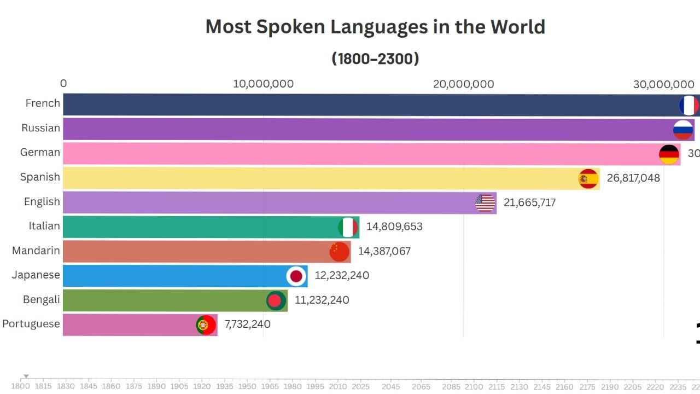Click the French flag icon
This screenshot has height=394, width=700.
(689, 106)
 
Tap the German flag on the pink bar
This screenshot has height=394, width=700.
(669, 154)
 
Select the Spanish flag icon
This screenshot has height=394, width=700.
(588, 178)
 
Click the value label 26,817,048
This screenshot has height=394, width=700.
(633, 178)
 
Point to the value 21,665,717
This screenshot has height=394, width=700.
(529, 202)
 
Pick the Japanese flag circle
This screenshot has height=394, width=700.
(296, 276)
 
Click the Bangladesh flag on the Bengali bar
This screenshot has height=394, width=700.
(276, 300)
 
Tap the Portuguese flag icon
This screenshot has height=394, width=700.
(206, 325)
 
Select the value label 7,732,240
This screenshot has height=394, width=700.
(247, 324)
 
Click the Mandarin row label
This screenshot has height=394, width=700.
(36, 251)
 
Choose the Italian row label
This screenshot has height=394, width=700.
(44, 225)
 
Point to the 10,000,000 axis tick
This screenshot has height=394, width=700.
(263, 84)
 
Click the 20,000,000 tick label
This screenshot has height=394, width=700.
(463, 84)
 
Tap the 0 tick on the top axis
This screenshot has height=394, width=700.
(63, 83)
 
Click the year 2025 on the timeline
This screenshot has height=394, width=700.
(361, 386)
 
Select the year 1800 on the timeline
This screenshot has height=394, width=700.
(21, 386)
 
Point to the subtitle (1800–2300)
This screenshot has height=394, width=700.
(375, 59)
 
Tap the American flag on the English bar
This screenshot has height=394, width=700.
(485, 203)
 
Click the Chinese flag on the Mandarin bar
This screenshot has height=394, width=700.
(339, 251)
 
